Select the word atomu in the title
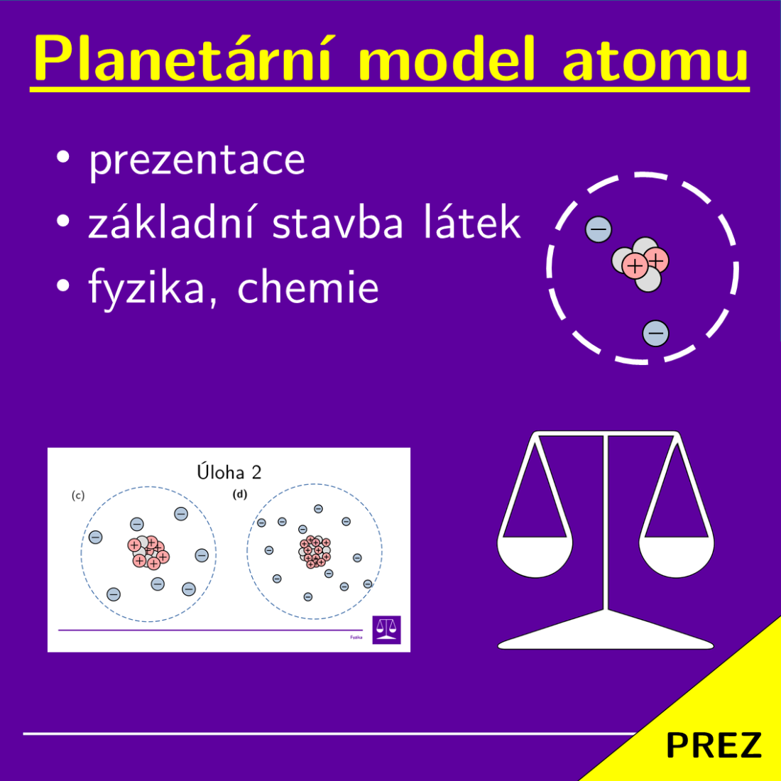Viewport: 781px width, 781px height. click(x=655, y=61)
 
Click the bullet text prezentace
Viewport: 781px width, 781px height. click(x=197, y=160)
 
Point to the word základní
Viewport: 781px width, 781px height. click(x=171, y=223)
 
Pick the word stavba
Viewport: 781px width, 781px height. click(x=339, y=223)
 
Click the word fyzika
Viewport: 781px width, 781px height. click(x=146, y=288)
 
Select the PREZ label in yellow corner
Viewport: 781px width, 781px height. click(x=713, y=745)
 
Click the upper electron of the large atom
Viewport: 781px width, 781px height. click(x=598, y=229)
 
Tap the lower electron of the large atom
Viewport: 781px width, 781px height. click(x=655, y=332)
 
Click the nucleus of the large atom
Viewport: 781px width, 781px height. click(x=640, y=264)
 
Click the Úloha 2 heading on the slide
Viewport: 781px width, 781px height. click(x=229, y=472)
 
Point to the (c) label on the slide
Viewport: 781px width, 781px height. click(x=78, y=496)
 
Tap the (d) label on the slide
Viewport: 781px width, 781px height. click(x=240, y=494)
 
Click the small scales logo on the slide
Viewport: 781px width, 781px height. click(x=386, y=629)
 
